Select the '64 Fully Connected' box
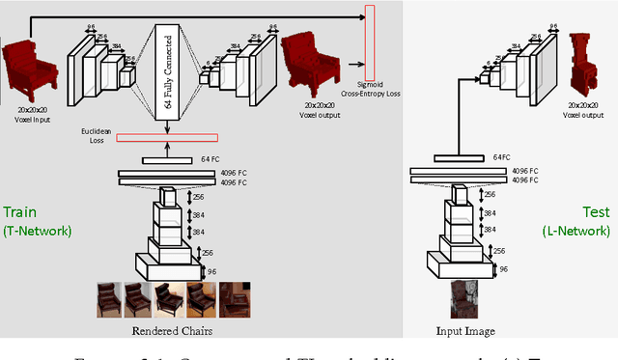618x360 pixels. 168,70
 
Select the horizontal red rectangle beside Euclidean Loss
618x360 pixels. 166,137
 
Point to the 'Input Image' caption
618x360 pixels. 466,331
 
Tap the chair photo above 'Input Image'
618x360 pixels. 466,299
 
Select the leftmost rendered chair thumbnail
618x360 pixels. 109,299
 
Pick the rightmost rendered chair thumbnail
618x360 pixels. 235,299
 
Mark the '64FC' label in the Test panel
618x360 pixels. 501,156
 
